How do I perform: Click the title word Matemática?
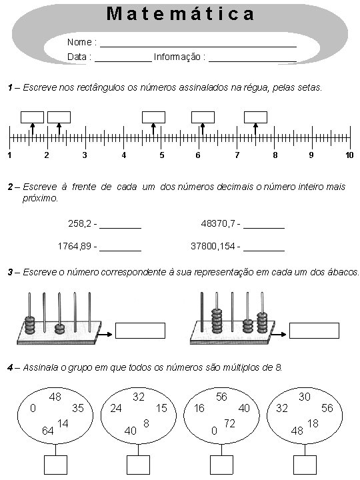pyautogui.click(x=180, y=14)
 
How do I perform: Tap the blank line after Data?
pyautogui.click(x=123, y=62)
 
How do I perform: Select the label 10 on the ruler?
pyautogui.click(x=349, y=155)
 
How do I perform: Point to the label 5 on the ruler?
pyautogui.click(x=161, y=155)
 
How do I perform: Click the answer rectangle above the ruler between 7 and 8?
pyautogui.click(x=255, y=117)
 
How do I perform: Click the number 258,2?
pyautogui.click(x=79, y=224)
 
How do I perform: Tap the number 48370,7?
pyautogui.click(x=218, y=224)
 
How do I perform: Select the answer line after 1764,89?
pyautogui.click(x=120, y=251)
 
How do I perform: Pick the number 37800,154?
pyautogui.click(x=213, y=246)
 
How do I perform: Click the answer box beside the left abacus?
pyautogui.click(x=140, y=331)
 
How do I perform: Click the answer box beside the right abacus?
pyautogui.click(x=314, y=331)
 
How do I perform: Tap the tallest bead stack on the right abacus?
pyautogui.click(x=217, y=321)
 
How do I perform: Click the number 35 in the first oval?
pyautogui.click(x=78, y=408)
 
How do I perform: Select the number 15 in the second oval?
pyautogui.click(x=161, y=408)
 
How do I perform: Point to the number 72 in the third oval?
pyautogui.click(x=229, y=423)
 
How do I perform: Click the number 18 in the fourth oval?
pyautogui.click(x=313, y=423)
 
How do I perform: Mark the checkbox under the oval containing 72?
pyautogui.click(x=221, y=465)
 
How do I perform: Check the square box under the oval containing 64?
pyautogui.click(x=55, y=465)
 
